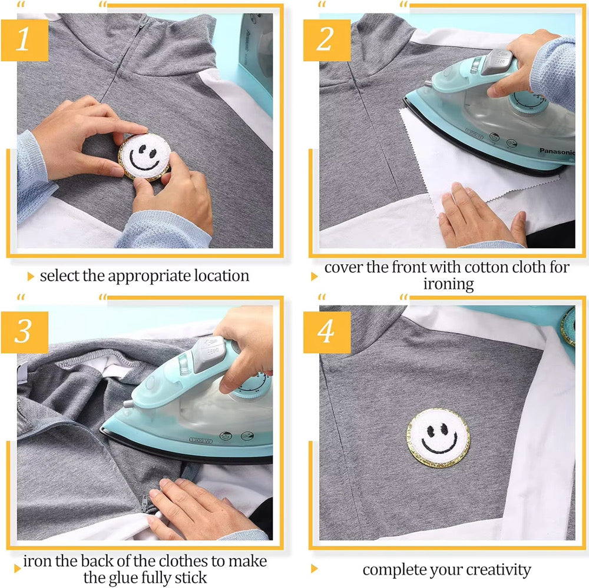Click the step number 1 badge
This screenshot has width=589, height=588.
point(24,40)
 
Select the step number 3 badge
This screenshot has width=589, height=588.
point(24,332)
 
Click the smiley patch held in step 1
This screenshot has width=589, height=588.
point(145,156)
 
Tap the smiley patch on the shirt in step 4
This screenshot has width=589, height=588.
point(438,437)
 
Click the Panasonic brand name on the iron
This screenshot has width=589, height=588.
point(557,151)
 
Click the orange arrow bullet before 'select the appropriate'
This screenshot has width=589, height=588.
point(31,276)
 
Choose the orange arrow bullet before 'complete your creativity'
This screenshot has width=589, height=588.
point(315,569)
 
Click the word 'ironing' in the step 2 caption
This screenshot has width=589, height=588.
point(448,284)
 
